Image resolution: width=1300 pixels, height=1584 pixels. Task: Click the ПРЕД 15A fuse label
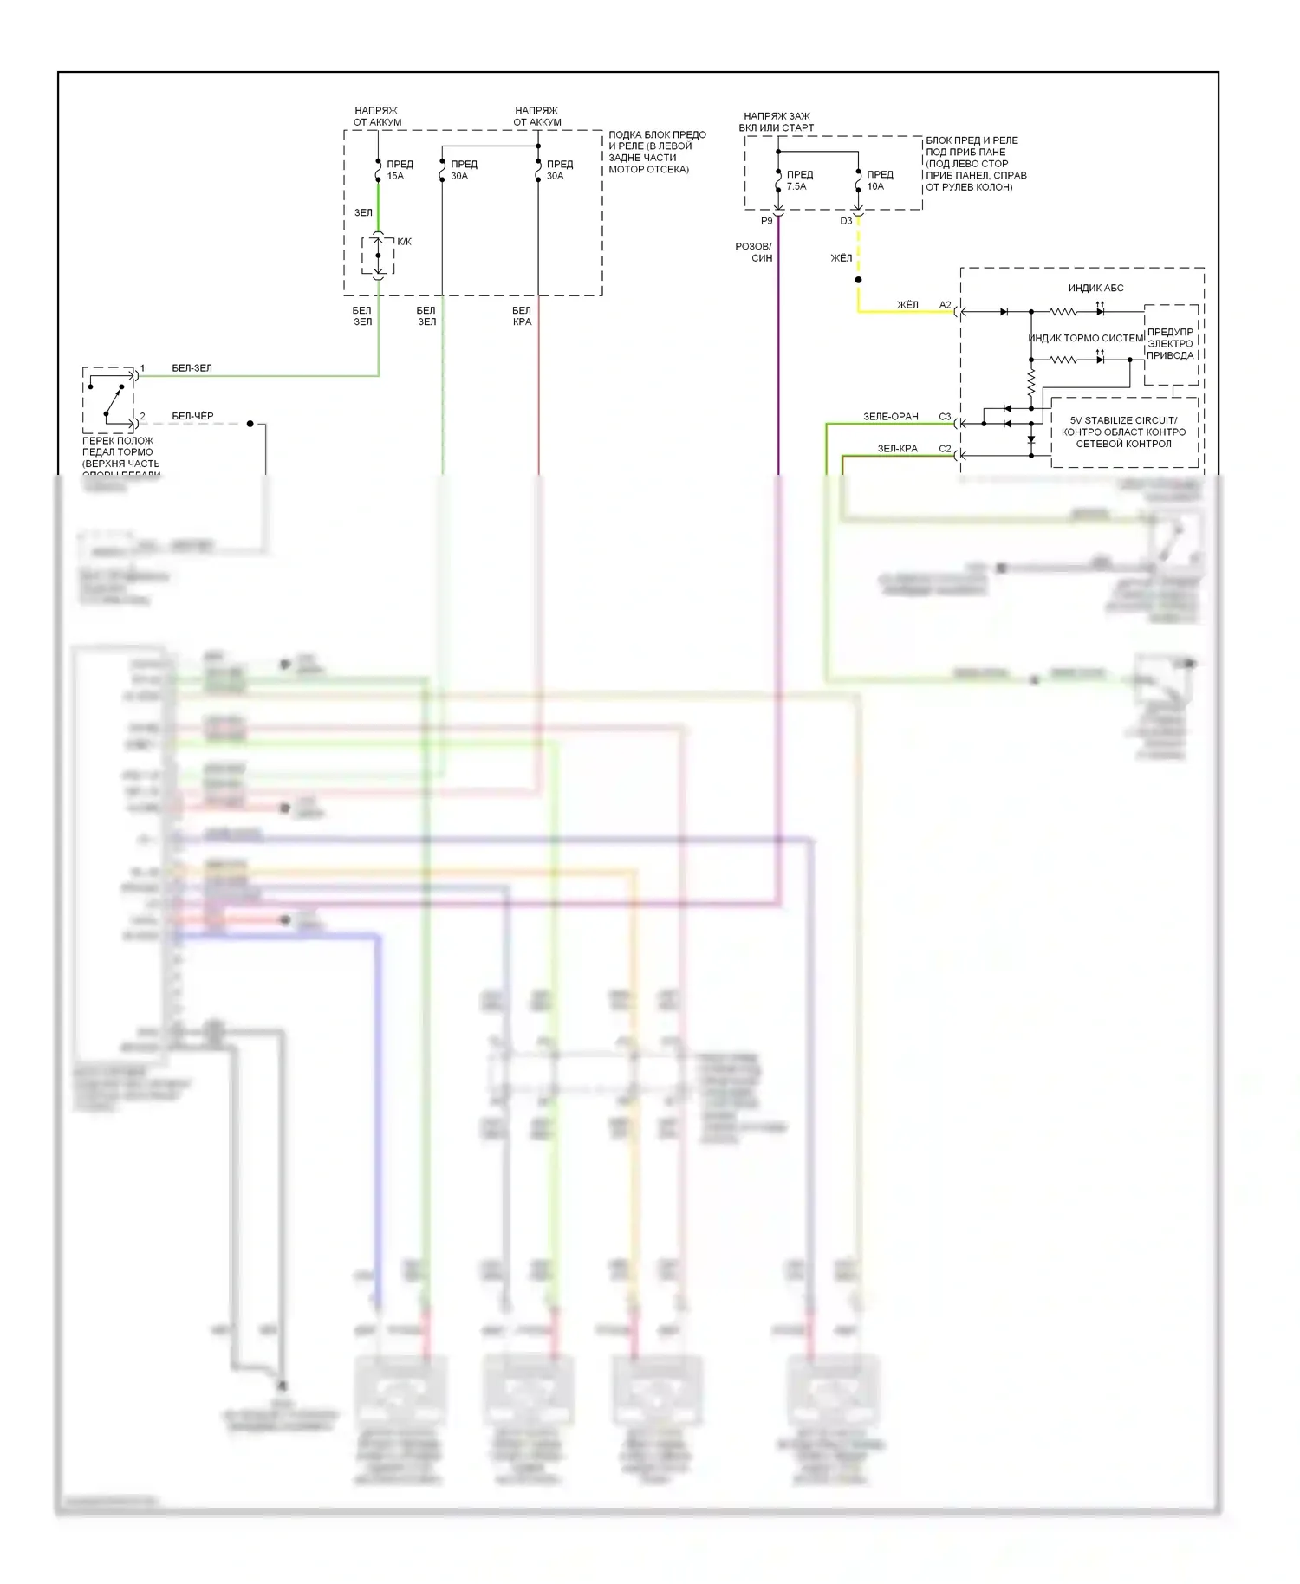pyautogui.click(x=400, y=170)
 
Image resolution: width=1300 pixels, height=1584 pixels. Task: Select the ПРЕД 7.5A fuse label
pyautogui.click(x=799, y=180)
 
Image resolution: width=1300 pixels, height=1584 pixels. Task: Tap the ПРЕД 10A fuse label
pyautogui.click(x=879, y=180)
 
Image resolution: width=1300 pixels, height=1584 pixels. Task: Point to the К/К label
pyautogui.click(x=404, y=242)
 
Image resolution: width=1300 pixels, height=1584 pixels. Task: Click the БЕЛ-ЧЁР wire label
pyautogui.click(x=192, y=416)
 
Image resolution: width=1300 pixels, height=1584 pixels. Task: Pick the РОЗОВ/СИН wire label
pyautogui.click(x=754, y=252)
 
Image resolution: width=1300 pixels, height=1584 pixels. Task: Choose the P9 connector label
pyautogui.click(x=766, y=221)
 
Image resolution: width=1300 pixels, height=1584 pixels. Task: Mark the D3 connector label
pyautogui.click(x=846, y=221)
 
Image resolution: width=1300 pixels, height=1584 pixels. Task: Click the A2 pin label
pyautogui.click(x=945, y=305)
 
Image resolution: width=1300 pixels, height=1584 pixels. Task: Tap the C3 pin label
pyautogui.click(x=945, y=417)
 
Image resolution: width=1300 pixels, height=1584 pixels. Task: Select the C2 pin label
pyautogui.click(x=945, y=449)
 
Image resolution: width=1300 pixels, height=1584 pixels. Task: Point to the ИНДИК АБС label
pyautogui.click(x=1095, y=288)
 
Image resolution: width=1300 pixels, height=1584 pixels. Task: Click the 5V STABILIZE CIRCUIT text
pyautogui.click(x=1123, y=420)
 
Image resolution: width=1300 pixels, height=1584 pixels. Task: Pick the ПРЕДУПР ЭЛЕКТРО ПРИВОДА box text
pyautogui.click(x=1170, y=343)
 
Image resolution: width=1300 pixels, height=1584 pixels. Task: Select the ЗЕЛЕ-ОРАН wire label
pyautogui.click(x=890, y=417)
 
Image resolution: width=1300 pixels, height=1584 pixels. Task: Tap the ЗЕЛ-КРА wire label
pyautogui.click(x=897, y=449)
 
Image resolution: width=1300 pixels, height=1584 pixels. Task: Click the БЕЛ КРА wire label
pyautogui.click(x=522, y=316)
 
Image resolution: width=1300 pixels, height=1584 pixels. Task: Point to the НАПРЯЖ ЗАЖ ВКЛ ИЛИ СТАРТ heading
pyautogui.click(x=777, y=121)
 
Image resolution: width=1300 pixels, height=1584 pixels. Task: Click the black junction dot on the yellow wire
pyautogui.click(x=858, y=280)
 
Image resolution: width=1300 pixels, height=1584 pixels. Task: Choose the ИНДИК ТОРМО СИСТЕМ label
pyautogui.click(x=1086, y=338)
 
